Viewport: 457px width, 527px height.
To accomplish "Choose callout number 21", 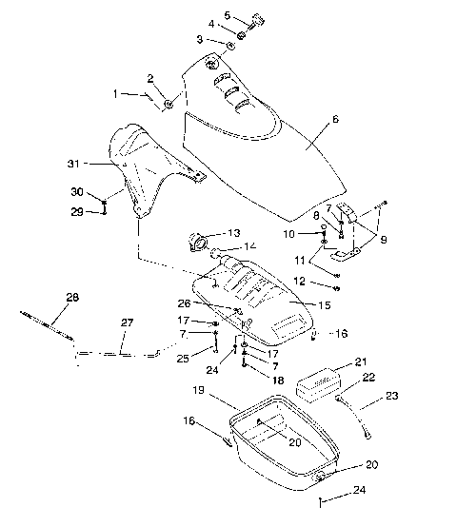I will click(360, 361).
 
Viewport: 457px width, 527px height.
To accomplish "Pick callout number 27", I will click(127, 322).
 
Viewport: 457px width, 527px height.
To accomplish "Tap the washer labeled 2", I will click(168, 103).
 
